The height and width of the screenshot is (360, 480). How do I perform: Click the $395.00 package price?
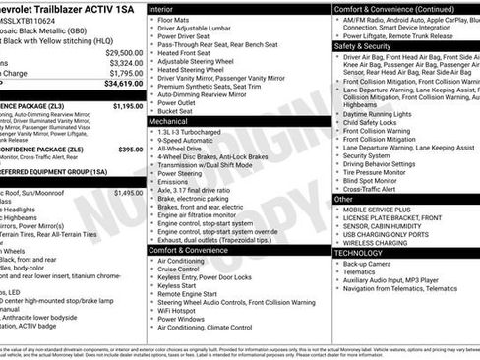tap(130, 150)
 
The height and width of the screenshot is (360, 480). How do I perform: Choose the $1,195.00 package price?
tap(128, 105)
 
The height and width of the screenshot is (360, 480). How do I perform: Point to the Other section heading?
tap(343, 199)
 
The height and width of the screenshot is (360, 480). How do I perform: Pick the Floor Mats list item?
tap(176, 20)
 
